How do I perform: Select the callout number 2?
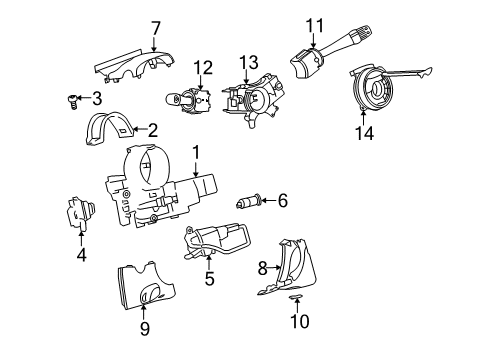(x=152, y=129)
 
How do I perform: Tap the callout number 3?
(x=96, y=98)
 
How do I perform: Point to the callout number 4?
(x=82, y=254)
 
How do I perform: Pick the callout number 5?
(x=209, y=279)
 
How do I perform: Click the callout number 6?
(x=282, y=201)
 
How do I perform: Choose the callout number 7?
(x=155, y=27)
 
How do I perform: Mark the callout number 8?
(x=263, y=268)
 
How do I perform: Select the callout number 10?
(x=300, y=321)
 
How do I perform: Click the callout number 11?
(x=315, y=24)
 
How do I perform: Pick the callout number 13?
(x=247, y=63)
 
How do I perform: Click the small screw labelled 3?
(x=73, y=98)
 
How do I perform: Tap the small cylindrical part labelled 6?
(x=249, y=202)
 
